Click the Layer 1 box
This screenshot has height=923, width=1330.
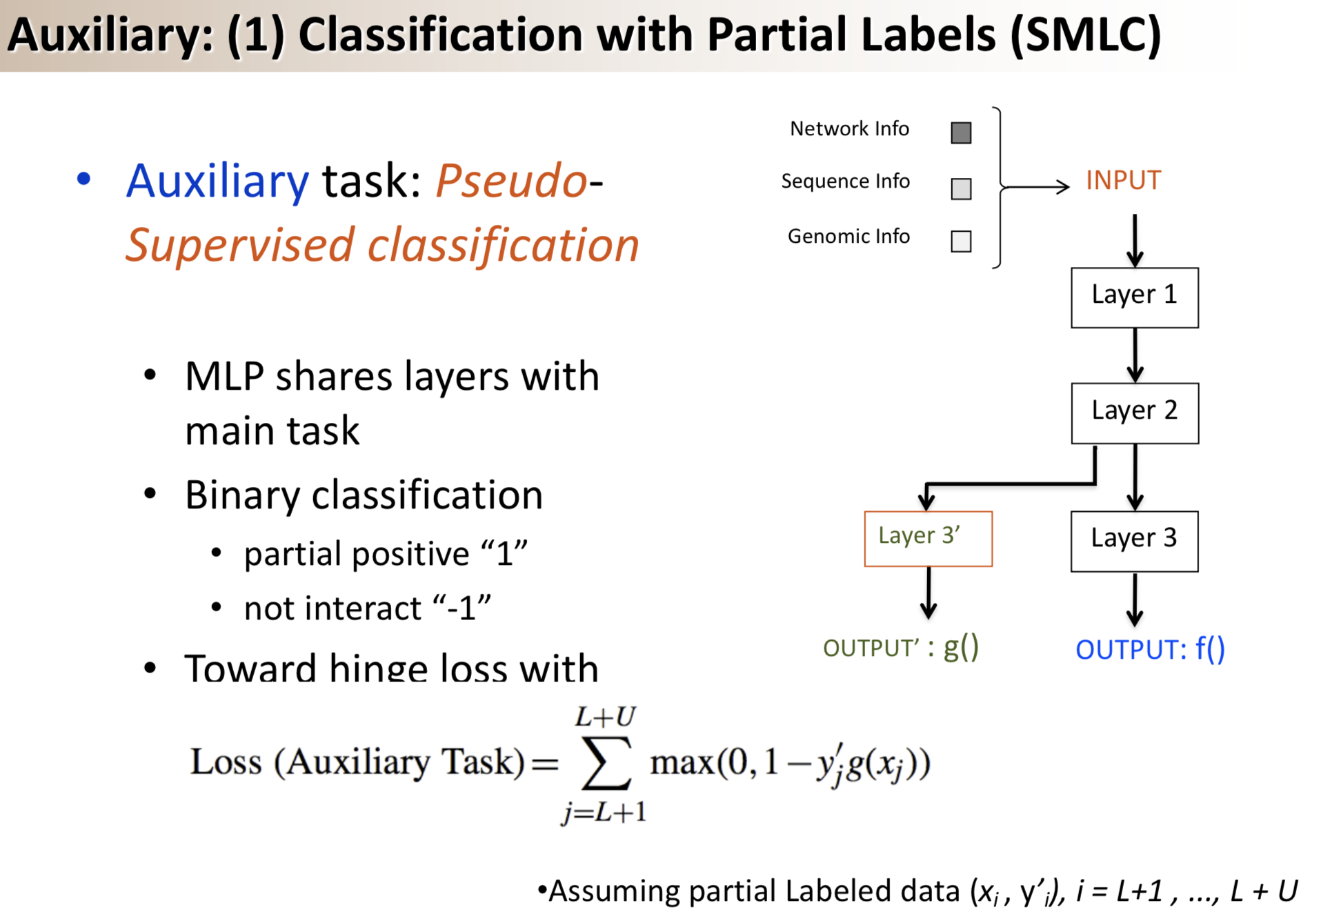point(1134,297)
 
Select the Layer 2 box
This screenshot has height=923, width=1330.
point(1134,413)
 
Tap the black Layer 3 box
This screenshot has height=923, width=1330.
point(1134,541)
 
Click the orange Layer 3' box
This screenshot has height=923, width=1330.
point(928,538)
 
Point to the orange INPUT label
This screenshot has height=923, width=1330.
point(1123,180)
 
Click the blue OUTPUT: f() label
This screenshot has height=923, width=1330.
point(1150,649)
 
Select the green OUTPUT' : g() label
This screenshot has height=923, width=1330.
point(900,647)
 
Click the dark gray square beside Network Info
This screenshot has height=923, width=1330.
point(960,132)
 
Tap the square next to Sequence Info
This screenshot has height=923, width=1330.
point(960,188)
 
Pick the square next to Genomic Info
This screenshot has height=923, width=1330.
point(960,241)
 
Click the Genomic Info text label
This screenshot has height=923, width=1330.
point(848,237)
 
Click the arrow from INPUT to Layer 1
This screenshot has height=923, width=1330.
point(1134,241)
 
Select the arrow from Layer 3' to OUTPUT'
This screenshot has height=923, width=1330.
point(929,592)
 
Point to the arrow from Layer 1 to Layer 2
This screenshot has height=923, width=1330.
point(1134,355)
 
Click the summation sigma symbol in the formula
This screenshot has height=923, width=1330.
point(606,763)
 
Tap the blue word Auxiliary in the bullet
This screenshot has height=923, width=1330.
point(217,181)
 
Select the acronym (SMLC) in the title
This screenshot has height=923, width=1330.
point(1086,34)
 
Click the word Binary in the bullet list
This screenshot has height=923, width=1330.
point(241,495)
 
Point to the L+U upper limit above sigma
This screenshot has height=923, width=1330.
point(605,717)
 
